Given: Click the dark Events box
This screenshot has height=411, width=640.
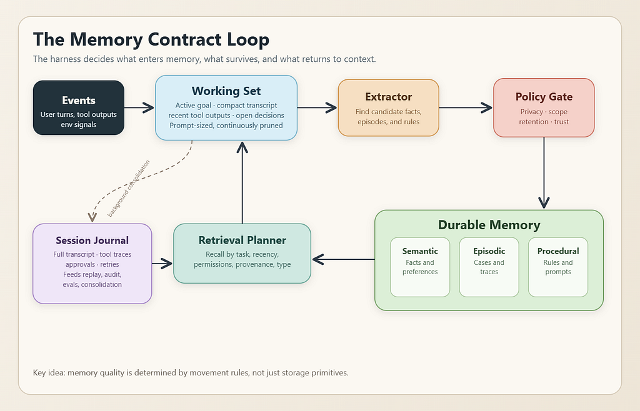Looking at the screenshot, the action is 79,107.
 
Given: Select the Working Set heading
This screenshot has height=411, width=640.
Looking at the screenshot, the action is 226,91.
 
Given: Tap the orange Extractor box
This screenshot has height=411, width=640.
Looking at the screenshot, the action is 388,107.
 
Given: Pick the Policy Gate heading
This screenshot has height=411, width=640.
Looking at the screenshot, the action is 544,97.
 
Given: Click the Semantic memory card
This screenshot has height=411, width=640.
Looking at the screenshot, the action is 420,267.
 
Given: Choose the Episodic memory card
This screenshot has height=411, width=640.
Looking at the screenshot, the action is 489,267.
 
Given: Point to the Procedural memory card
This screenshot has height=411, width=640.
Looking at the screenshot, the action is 558,267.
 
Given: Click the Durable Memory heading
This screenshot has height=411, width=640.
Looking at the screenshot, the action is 489,225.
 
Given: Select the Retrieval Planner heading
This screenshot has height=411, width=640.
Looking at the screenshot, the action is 242,240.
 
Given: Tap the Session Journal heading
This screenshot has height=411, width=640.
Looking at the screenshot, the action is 92,240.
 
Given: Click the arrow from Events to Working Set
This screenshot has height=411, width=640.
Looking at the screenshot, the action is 139,107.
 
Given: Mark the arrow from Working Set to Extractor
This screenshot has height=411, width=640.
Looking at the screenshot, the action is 317,107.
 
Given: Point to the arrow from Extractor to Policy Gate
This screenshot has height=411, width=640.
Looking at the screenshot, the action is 466,107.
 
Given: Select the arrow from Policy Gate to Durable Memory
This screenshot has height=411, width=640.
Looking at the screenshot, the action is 544,173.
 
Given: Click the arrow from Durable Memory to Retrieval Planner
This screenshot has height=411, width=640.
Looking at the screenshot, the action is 343,259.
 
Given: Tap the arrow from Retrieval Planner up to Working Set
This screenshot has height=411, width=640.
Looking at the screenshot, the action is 242,182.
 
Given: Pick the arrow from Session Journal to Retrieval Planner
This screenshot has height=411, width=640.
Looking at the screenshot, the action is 162,264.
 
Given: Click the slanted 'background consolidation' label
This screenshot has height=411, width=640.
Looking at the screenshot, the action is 129,189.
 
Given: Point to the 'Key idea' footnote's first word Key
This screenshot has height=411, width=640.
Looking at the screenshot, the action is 39,373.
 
